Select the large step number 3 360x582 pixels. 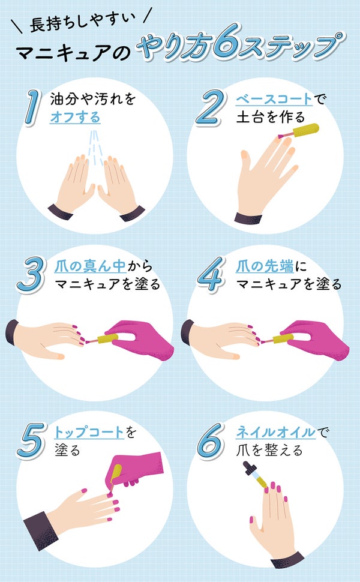pos(33,274)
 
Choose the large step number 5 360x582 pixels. pos(33,441)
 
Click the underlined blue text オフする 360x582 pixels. pos(74,116)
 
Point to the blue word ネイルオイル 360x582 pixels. pos(274,433)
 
